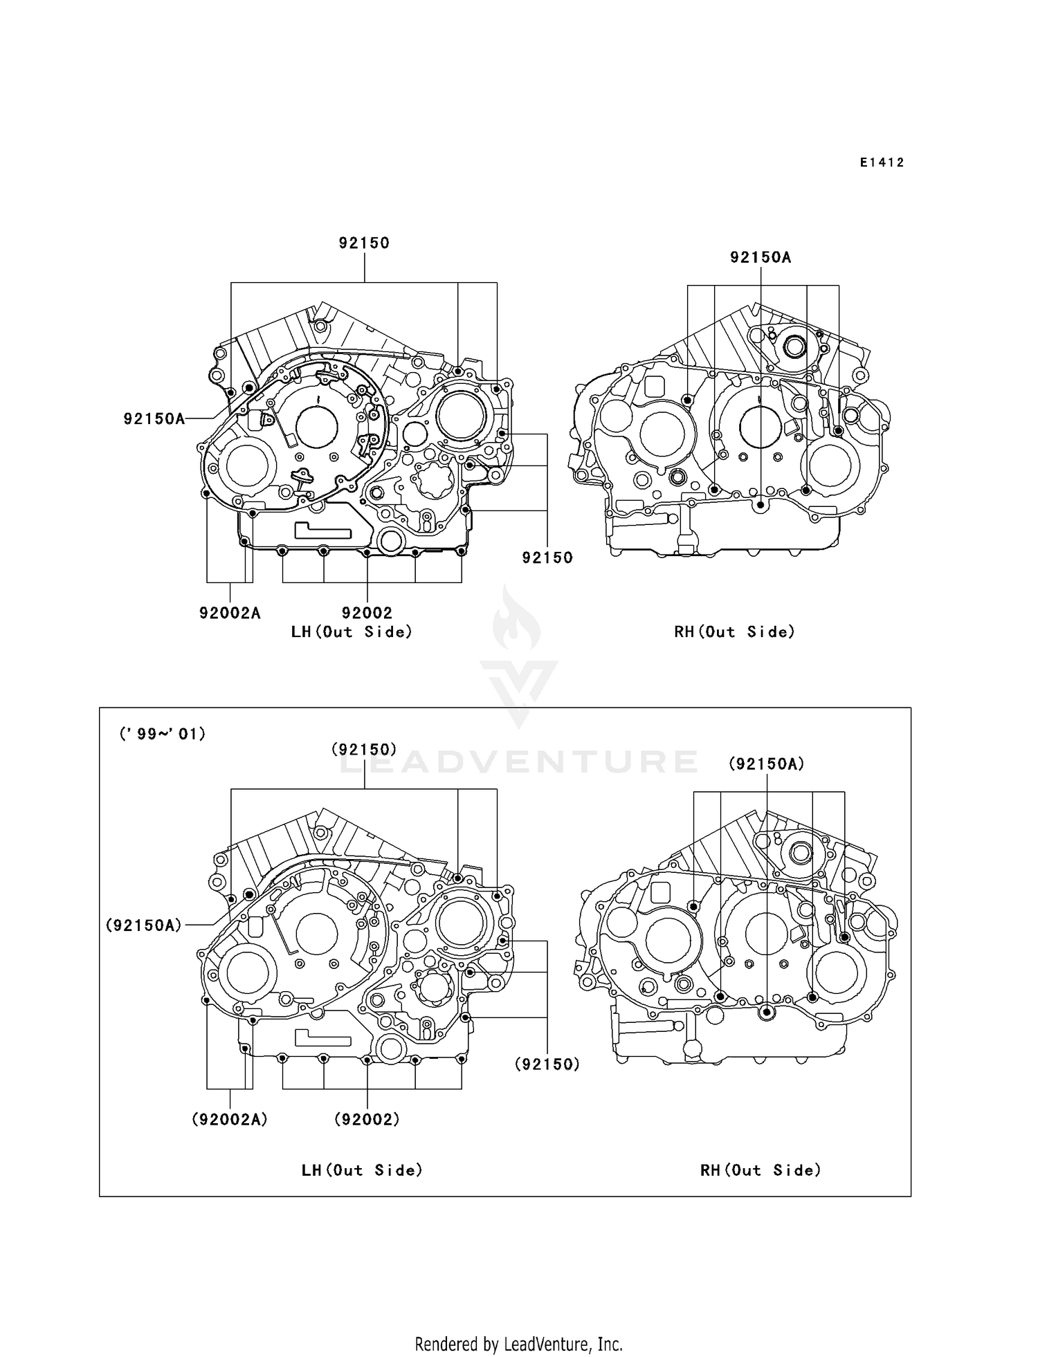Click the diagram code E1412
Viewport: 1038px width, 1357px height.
882,163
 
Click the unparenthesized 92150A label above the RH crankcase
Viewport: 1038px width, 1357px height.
760,257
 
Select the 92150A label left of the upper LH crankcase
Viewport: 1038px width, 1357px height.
154,418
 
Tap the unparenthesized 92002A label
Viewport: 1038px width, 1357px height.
230,613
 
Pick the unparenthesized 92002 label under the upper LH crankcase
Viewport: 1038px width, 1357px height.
367,613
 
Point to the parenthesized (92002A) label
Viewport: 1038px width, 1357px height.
230,1119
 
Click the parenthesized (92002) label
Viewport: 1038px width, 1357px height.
367,1119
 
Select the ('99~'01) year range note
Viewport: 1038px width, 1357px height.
163,734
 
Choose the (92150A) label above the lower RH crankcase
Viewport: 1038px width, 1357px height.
767,764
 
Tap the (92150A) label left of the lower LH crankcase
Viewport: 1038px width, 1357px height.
144,925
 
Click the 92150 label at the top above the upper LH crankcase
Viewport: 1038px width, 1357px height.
364,243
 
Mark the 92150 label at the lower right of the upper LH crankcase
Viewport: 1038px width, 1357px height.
547,557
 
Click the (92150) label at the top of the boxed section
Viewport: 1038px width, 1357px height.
364,749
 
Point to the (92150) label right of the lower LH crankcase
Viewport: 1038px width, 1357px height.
547,1064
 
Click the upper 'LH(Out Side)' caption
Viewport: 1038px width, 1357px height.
352,631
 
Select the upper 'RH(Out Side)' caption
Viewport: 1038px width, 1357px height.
735,631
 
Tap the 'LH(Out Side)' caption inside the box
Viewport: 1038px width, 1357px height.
362,1170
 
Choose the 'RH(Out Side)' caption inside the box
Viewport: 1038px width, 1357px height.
761,1170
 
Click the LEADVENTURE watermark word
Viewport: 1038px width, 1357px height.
518,761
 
